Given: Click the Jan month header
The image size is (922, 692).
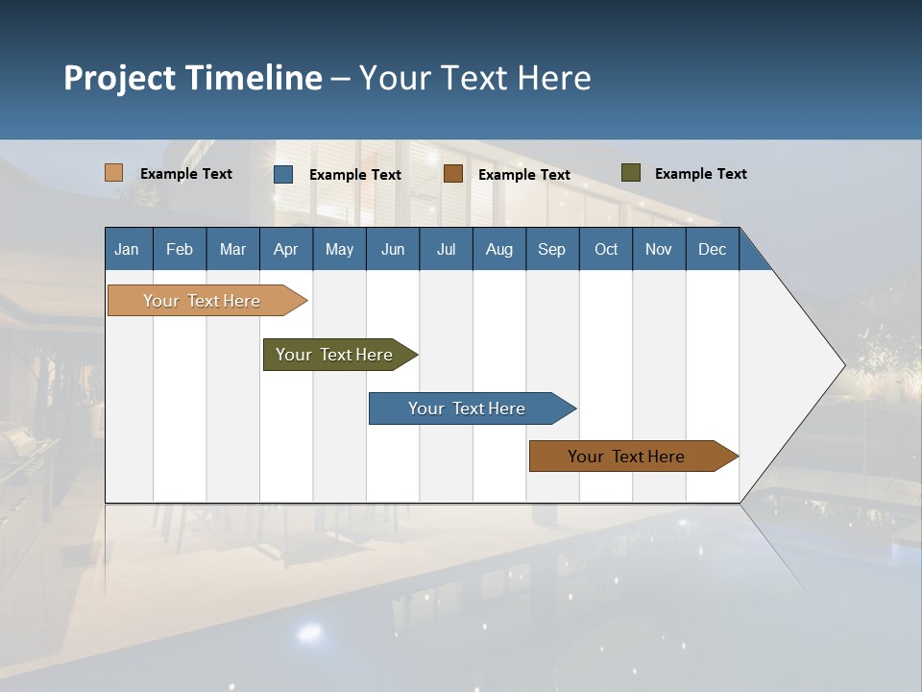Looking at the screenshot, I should coord(127,250).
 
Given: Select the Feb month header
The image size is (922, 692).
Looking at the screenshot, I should coord(180,250).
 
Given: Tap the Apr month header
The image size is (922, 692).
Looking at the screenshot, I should coord(285,250).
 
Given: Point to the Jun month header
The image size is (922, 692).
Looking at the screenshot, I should coord(393,250).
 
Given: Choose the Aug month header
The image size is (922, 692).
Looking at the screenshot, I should coord(498,250).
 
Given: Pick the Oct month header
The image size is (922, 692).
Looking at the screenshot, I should coord(606,250).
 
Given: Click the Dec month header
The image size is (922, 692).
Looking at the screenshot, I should coord(712,250).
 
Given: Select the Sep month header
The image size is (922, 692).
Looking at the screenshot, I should coord(551,250).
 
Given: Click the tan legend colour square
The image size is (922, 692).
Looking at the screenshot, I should coord(114,173).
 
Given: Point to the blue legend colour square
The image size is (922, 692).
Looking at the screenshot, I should coord(283,174).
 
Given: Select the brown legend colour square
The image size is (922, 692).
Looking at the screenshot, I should coord(453,174).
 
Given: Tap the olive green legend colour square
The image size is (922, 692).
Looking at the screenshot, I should coord(630,173).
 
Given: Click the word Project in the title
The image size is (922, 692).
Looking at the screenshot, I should coord(119,78).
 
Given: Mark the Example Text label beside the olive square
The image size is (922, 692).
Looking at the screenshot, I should coord(700,174).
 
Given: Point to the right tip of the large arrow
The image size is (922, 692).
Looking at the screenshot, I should coord(842,365).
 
